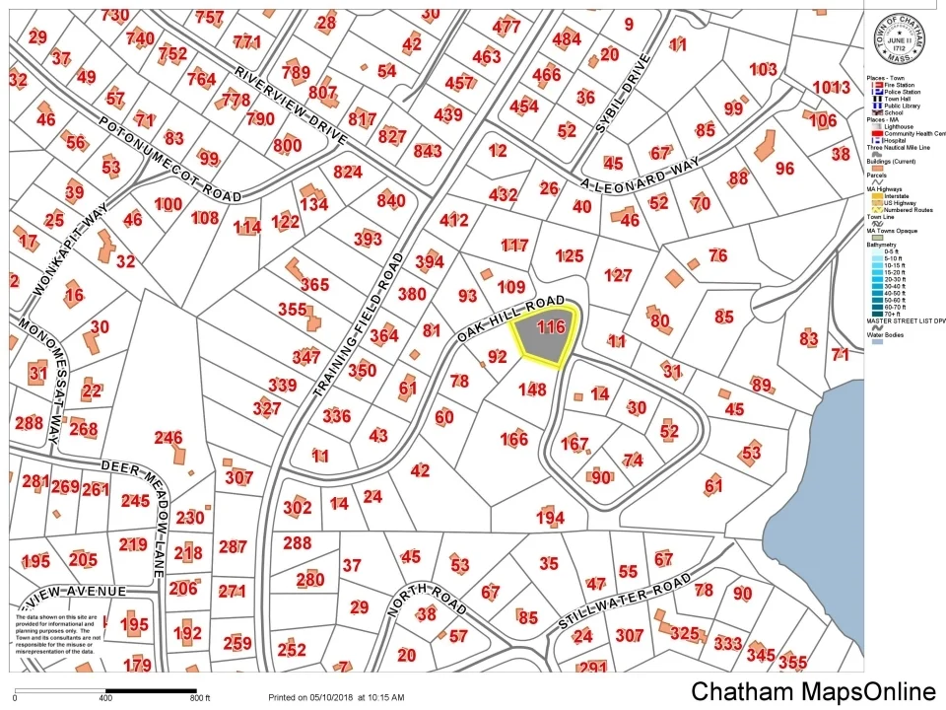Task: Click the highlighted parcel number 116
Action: coord(550,326)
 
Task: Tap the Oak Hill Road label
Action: coord(510,318)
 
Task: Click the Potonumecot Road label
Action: coord(169,160)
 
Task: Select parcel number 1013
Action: coord(831,87)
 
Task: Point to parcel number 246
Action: coord(169,438)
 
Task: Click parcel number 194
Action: coord(550,518)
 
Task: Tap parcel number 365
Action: coord(314,285)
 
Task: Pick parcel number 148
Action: coord(531,390)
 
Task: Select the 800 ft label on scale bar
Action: coord(200,698)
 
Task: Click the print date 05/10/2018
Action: coord(327,697)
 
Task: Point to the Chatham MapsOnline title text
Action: coord(812,691)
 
